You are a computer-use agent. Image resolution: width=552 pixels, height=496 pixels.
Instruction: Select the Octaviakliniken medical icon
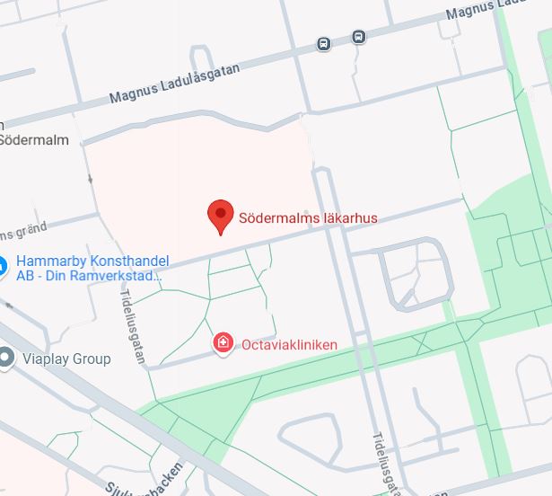tap(223, 342)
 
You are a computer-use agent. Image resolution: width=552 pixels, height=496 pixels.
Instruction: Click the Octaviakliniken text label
tap(288, 343)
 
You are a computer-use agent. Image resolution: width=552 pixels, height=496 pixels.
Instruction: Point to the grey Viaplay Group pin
tap(6, 359)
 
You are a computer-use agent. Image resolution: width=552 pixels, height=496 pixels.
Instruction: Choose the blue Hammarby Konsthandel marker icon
tap(3, 265)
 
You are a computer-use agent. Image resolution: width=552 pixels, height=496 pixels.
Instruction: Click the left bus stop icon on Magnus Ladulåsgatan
tap(323, 43)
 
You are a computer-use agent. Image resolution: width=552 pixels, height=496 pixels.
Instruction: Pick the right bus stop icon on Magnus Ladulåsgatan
tap(358, 37)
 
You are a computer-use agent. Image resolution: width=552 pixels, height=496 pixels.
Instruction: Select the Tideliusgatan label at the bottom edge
tap(383, 461)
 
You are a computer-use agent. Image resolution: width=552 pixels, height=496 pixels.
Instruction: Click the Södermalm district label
tap(34, 140)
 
